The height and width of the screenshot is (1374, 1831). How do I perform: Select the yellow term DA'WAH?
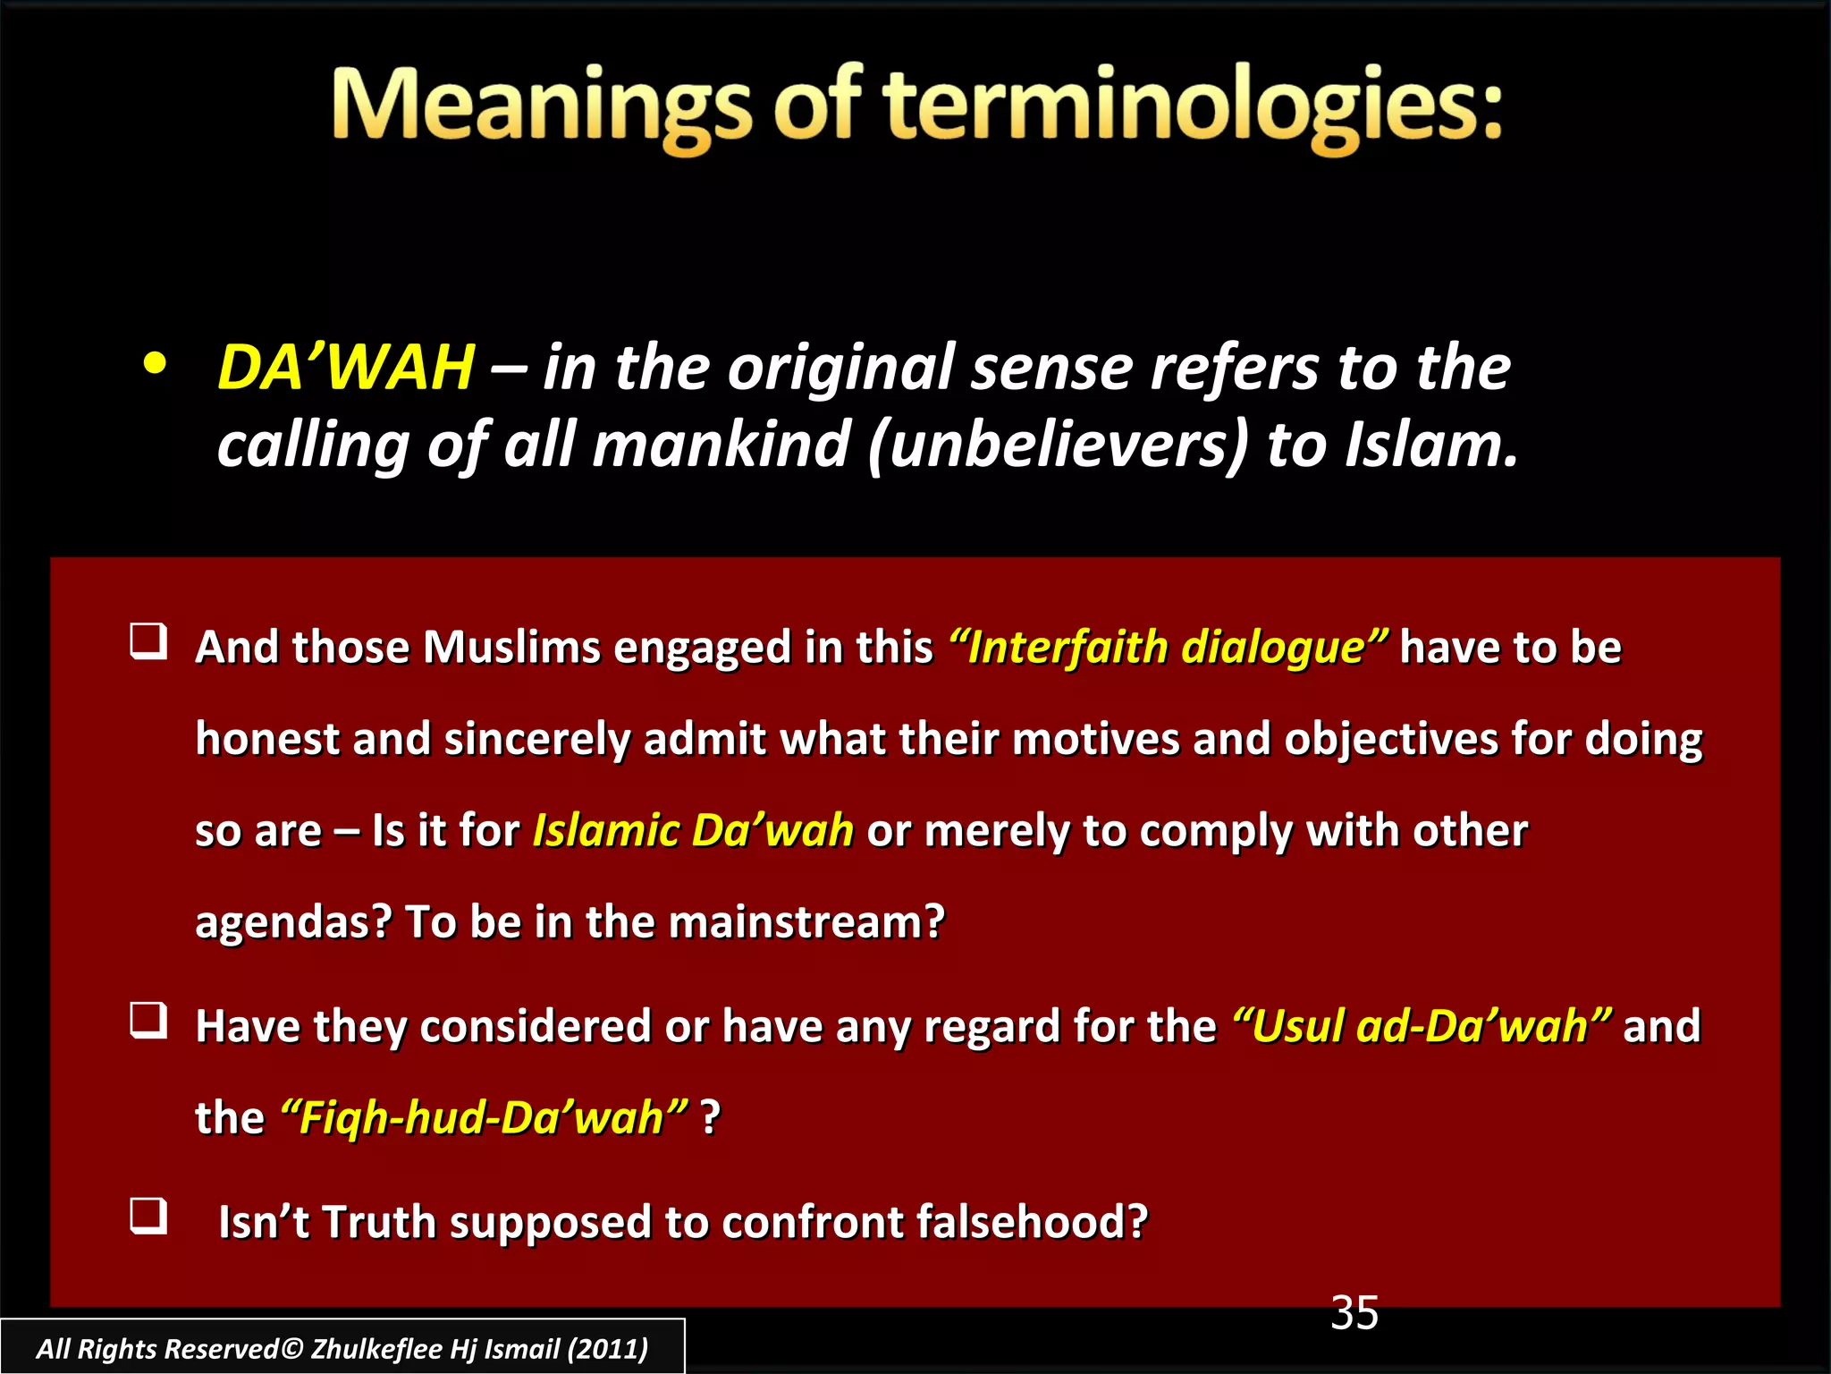[346, 368]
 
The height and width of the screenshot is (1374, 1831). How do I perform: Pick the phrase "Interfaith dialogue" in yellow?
[1169, 647]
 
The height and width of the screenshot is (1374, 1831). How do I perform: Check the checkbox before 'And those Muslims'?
[148, 642]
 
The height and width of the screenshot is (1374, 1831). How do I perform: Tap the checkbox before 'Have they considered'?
[148, 1021]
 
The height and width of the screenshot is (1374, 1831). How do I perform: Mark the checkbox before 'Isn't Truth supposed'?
[148, 1217]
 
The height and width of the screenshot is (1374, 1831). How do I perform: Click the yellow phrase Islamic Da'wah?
[693, 830]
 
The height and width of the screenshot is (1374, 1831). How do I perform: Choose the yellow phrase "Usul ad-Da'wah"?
[1422, 1025]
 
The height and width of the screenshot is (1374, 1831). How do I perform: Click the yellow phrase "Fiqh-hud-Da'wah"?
[484, 1117]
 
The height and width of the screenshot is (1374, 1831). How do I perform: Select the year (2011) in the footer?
[608, 1348]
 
